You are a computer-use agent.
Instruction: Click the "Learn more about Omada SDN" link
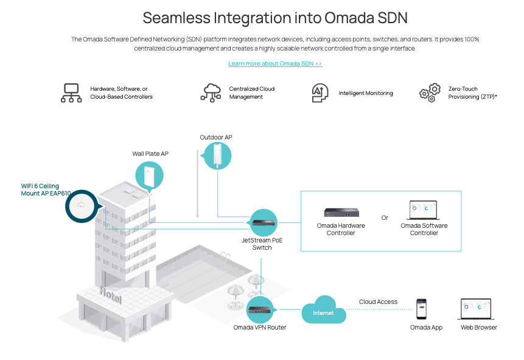pyautogui.click(x=275, y=63)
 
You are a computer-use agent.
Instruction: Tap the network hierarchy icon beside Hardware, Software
pyautogui.click(x=71, y=93)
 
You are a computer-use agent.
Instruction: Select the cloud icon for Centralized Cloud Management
pyautogui.click(x=211, y=93)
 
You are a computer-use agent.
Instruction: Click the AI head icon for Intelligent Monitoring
pyautogui.click(x=320, y=93)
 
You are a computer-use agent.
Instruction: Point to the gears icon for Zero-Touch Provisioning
pyautogui.click(x=430, y=93)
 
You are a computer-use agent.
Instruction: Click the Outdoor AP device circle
pyautogui.click(x=217, y=156)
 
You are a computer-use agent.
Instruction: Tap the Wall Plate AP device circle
pyautogui.click(x=149, y=175)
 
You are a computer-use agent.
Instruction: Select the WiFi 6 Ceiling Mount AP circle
pyautogui.click(x=82, y=206)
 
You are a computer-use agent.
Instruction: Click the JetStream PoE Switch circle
pyautogui.click(x=264, y=222)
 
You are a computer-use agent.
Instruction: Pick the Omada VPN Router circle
pyautogui.click(x=260, y=310)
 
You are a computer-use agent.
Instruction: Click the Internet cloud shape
pyautogui.click(x=324, y=310)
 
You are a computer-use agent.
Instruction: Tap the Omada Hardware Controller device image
pyautogui.click(x=341, y=213)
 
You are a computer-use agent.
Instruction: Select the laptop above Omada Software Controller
pyautogui.click(x=424, y=210)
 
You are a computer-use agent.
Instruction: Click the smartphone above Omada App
pyautogui.click(x=421, y=309)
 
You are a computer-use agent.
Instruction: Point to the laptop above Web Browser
pyautogui.click(x=476, y=309)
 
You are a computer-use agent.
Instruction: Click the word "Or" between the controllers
pyautogui.click(x=385, y=218)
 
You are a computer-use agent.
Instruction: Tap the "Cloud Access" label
pyautogui.click(x=378, y=302)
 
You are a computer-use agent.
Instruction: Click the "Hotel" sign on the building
pyautogui.click(x=111, y=295)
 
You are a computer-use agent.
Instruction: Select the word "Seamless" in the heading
pyautogui.click(x=176, y=18)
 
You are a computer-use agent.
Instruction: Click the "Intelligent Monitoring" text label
pyautogui.click(x=366, y=93)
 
